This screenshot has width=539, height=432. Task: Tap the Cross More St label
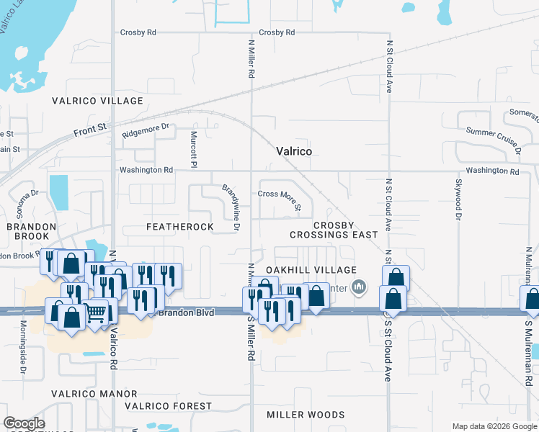[279, 194]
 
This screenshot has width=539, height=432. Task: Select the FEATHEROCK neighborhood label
[179, 227]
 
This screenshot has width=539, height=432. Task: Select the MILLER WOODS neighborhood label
[300, 415]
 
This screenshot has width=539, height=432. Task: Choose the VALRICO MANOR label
[94, 394]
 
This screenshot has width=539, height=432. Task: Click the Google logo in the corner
[24, 423]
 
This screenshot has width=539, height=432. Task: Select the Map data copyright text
[494, 426]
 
